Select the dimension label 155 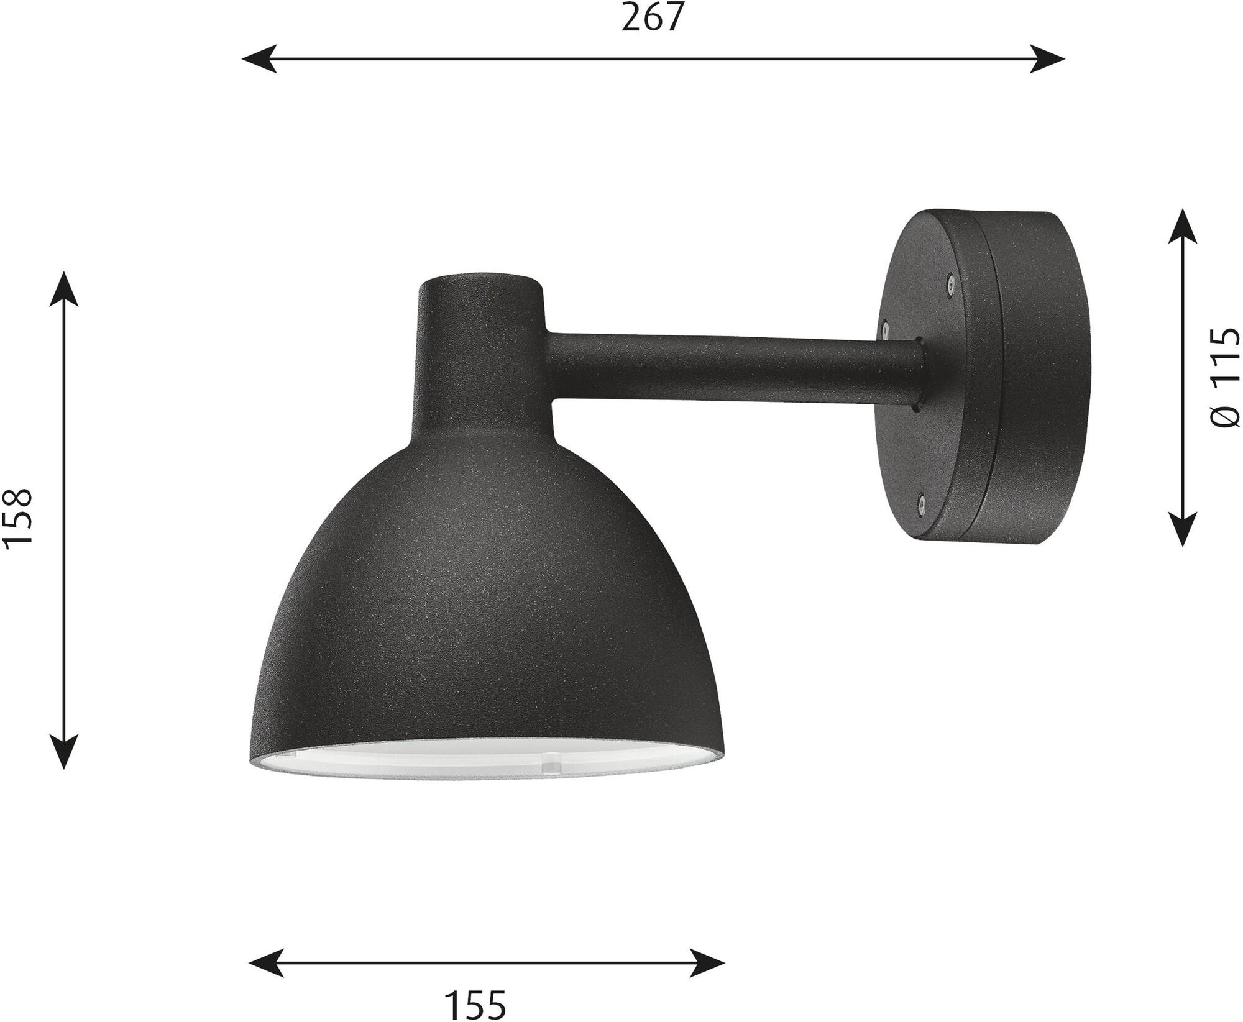(x=475, y=1005)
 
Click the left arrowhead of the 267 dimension (x=259, y=59)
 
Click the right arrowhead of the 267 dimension (x=1048, y=59)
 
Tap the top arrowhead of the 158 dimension (x=64, y=288)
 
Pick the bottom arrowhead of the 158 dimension (x=64, y=752)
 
